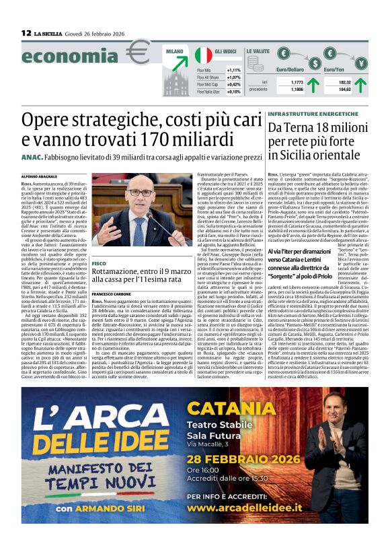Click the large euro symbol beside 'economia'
pyautogui.click(x=139, y=52)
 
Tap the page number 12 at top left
pyautogui.click(x=26, y=32)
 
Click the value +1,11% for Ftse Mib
pyautogui.click(x=233, y=70)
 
